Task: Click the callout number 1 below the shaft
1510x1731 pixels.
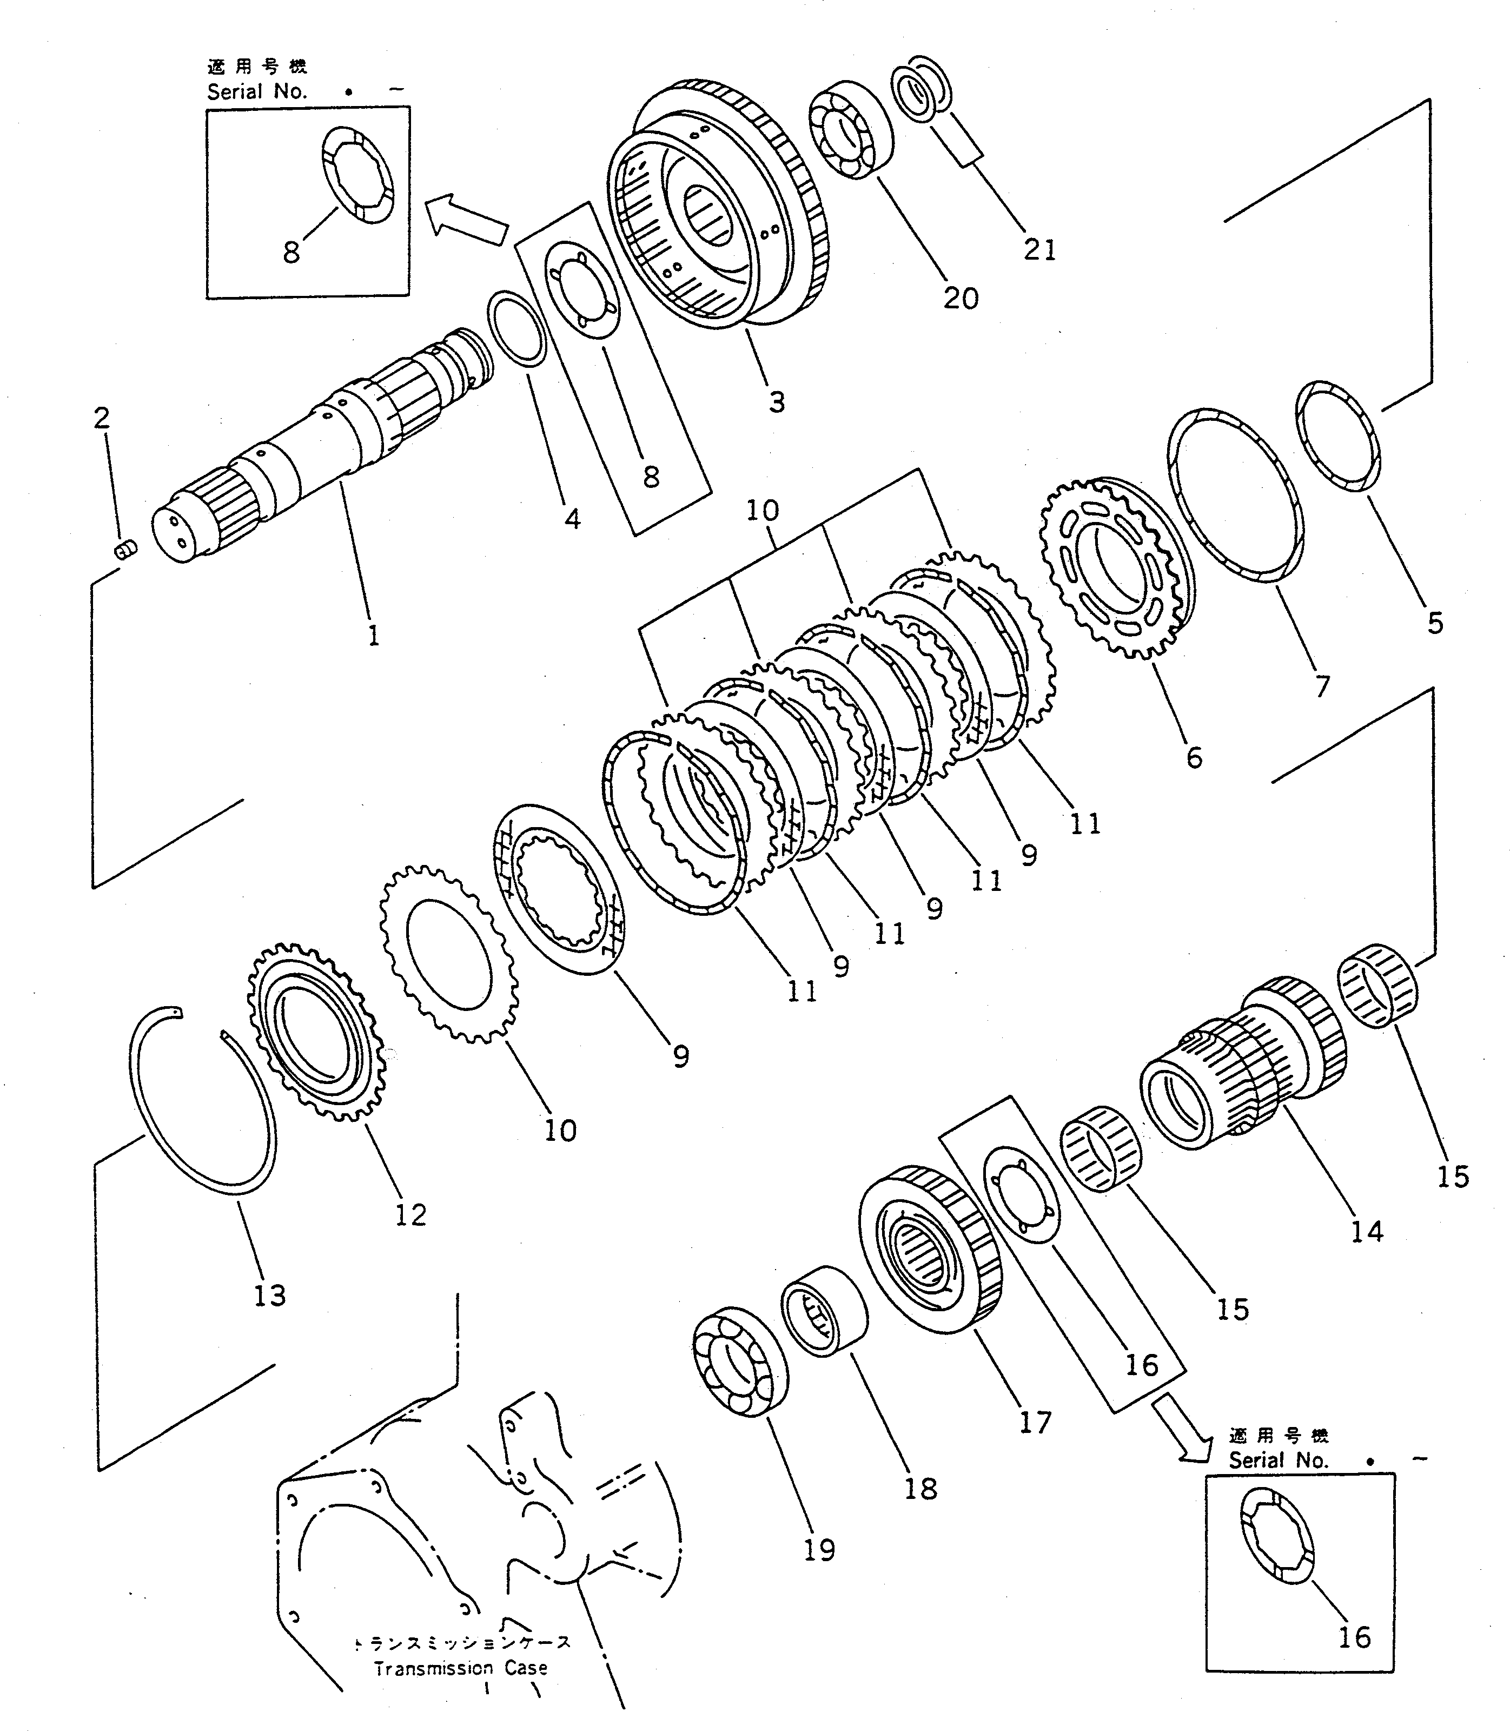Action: [x=373, y=636]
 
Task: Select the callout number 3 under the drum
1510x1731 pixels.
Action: [x=776, y=402]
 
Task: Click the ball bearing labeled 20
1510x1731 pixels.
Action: [x=852, y=130]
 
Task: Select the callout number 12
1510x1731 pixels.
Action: [x=410, y=1214]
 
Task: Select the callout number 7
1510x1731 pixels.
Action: [x=1322, y=686]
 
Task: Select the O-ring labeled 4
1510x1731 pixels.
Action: [x=518, y=329]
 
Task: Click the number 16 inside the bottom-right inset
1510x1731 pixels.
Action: [x=1354, y=1637]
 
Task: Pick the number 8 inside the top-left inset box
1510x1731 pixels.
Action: [x=291, y=252]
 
